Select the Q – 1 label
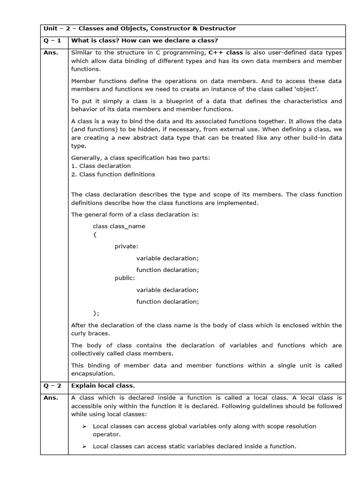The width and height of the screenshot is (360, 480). pos(52,41)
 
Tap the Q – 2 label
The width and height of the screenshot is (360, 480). pos(52,385)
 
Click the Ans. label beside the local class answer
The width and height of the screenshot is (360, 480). pos(51,397)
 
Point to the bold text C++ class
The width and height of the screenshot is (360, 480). pos(225,52)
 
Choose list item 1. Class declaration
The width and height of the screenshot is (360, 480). pos(101,166)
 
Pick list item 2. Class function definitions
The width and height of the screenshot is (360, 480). pos(113,174)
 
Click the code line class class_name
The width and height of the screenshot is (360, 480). pos(119,226)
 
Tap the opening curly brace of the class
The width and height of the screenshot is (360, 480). pos(94,234)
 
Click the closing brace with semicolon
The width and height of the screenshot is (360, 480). pos(96,313)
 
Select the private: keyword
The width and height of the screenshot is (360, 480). pos(127,246)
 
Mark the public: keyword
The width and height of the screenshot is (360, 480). pos(125,278)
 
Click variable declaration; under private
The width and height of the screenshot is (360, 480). pos(167,258)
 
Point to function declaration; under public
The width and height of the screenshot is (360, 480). pos(167,301)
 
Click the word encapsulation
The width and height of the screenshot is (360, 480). pos(92,374)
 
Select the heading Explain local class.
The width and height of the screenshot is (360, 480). pos(103,385)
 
